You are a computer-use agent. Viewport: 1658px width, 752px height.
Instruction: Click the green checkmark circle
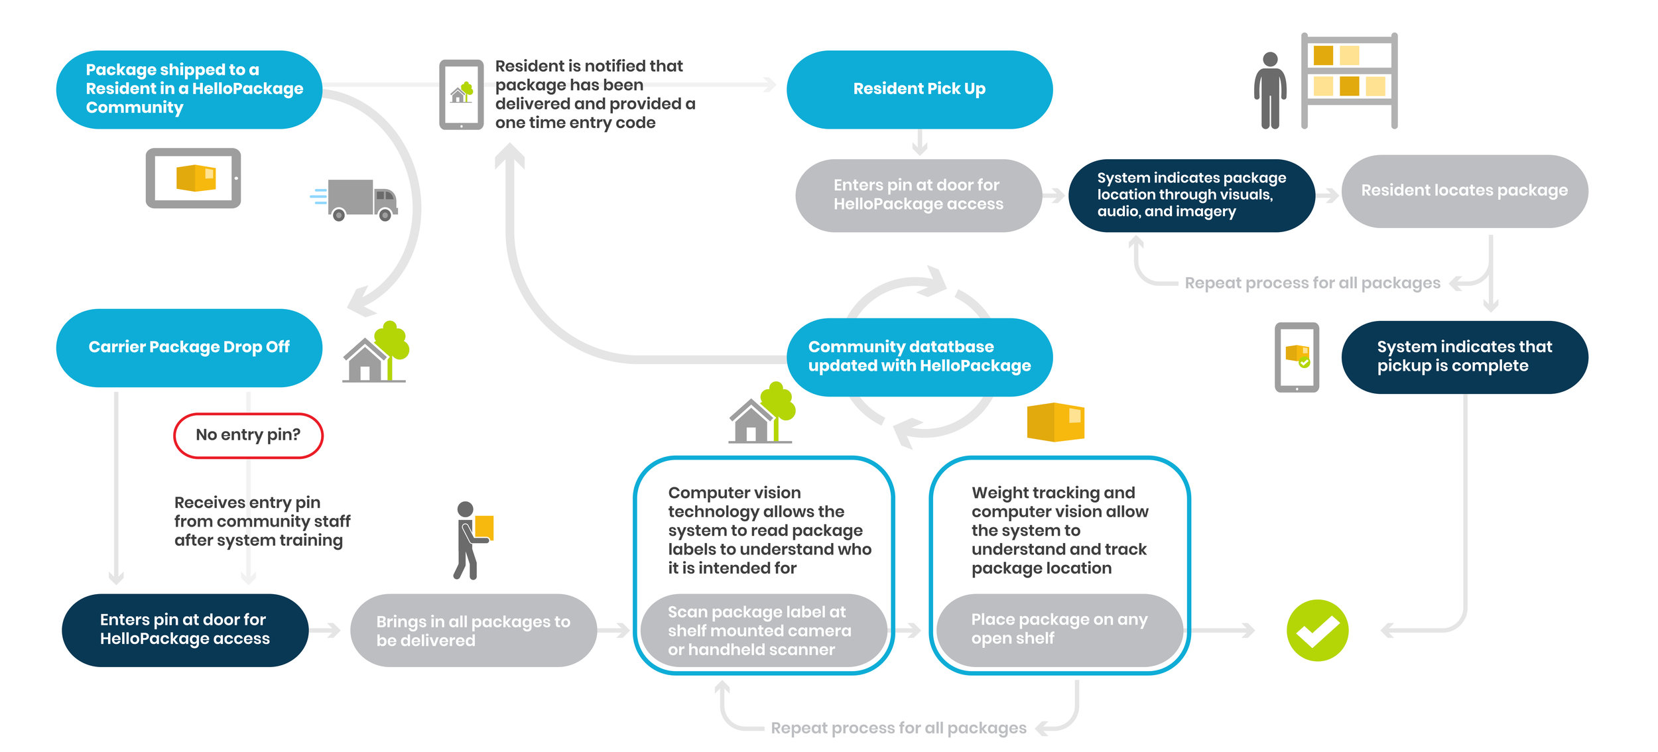click(x=1316, y=630)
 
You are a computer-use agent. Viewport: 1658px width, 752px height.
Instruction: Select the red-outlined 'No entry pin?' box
click(x=248, y=435)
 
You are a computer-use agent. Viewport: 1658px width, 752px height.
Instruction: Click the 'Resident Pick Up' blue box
click(x=919, y=89)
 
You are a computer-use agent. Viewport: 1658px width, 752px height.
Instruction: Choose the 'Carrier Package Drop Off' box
click(x=189, y=347)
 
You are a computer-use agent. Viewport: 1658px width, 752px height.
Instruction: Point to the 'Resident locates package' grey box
click(x=1464, y=191)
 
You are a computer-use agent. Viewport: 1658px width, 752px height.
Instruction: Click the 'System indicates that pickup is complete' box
click(x=1464, y=357)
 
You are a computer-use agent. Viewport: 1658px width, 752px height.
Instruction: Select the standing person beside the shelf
click(x=1269, y=90)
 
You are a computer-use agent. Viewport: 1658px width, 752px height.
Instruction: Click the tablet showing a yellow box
click(x=193, y=178)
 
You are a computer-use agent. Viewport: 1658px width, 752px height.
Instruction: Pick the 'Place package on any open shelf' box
click(x=1058, y=629)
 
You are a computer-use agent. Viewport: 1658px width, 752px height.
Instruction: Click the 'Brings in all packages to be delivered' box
click(x=473, y=631)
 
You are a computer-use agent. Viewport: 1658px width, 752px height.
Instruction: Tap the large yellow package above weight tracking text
click(x=1054, y=422)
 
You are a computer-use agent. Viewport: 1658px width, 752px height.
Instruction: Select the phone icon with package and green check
click(x=1297, y=357)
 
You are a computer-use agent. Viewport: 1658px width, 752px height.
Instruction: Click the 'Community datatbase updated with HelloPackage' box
click(x=919, y=357)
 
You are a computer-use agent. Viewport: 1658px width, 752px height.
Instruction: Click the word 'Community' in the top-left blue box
click(x=135, y=107)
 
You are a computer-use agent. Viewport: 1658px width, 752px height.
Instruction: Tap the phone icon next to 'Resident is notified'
click(x=461, y=94)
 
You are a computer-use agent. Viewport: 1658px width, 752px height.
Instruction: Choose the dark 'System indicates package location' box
click(x=1191, y=195)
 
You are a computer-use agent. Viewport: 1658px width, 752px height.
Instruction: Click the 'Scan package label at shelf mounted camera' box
click(x=763, y=631)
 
